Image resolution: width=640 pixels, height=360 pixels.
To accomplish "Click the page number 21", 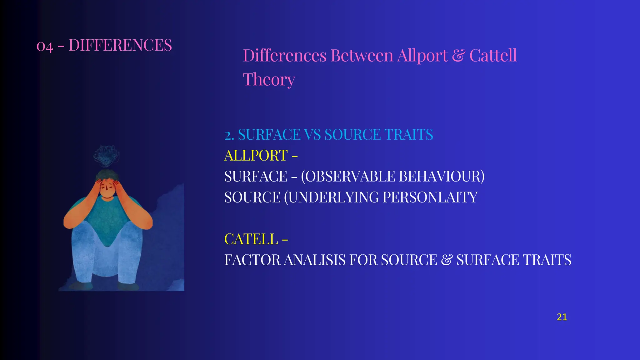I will click(x=562, y=317).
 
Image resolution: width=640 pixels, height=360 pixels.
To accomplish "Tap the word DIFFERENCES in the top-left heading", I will click(x=120, y=45).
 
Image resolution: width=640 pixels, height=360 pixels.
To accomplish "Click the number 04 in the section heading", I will click(x=45, y=46).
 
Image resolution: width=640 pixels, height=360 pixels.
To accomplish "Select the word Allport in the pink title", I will click(x=422, y=56).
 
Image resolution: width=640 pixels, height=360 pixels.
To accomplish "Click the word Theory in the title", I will click(x=269, y=80).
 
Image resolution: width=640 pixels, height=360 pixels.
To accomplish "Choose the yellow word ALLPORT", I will click(x=256, y=156).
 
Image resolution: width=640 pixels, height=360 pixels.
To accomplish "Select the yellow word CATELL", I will click(x=251, y=239).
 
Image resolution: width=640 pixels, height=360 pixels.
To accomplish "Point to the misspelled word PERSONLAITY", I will click(x=430, y=197).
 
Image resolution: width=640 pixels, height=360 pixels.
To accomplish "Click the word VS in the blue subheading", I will click(x=312, y=135).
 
